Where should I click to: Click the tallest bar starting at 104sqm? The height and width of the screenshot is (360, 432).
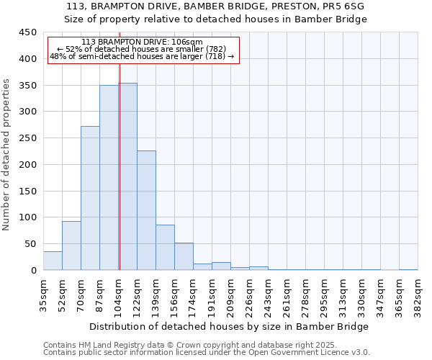128,176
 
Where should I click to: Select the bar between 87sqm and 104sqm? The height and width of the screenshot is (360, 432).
109,178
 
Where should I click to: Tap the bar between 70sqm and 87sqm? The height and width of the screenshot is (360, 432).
90,198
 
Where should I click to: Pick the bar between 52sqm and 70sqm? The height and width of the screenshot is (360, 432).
71,246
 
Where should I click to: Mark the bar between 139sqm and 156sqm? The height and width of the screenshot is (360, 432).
165,248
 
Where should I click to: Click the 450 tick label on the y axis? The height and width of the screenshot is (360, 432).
28,32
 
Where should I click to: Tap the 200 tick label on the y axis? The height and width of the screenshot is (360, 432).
28,165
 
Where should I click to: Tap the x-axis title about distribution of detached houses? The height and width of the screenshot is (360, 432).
230,326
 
